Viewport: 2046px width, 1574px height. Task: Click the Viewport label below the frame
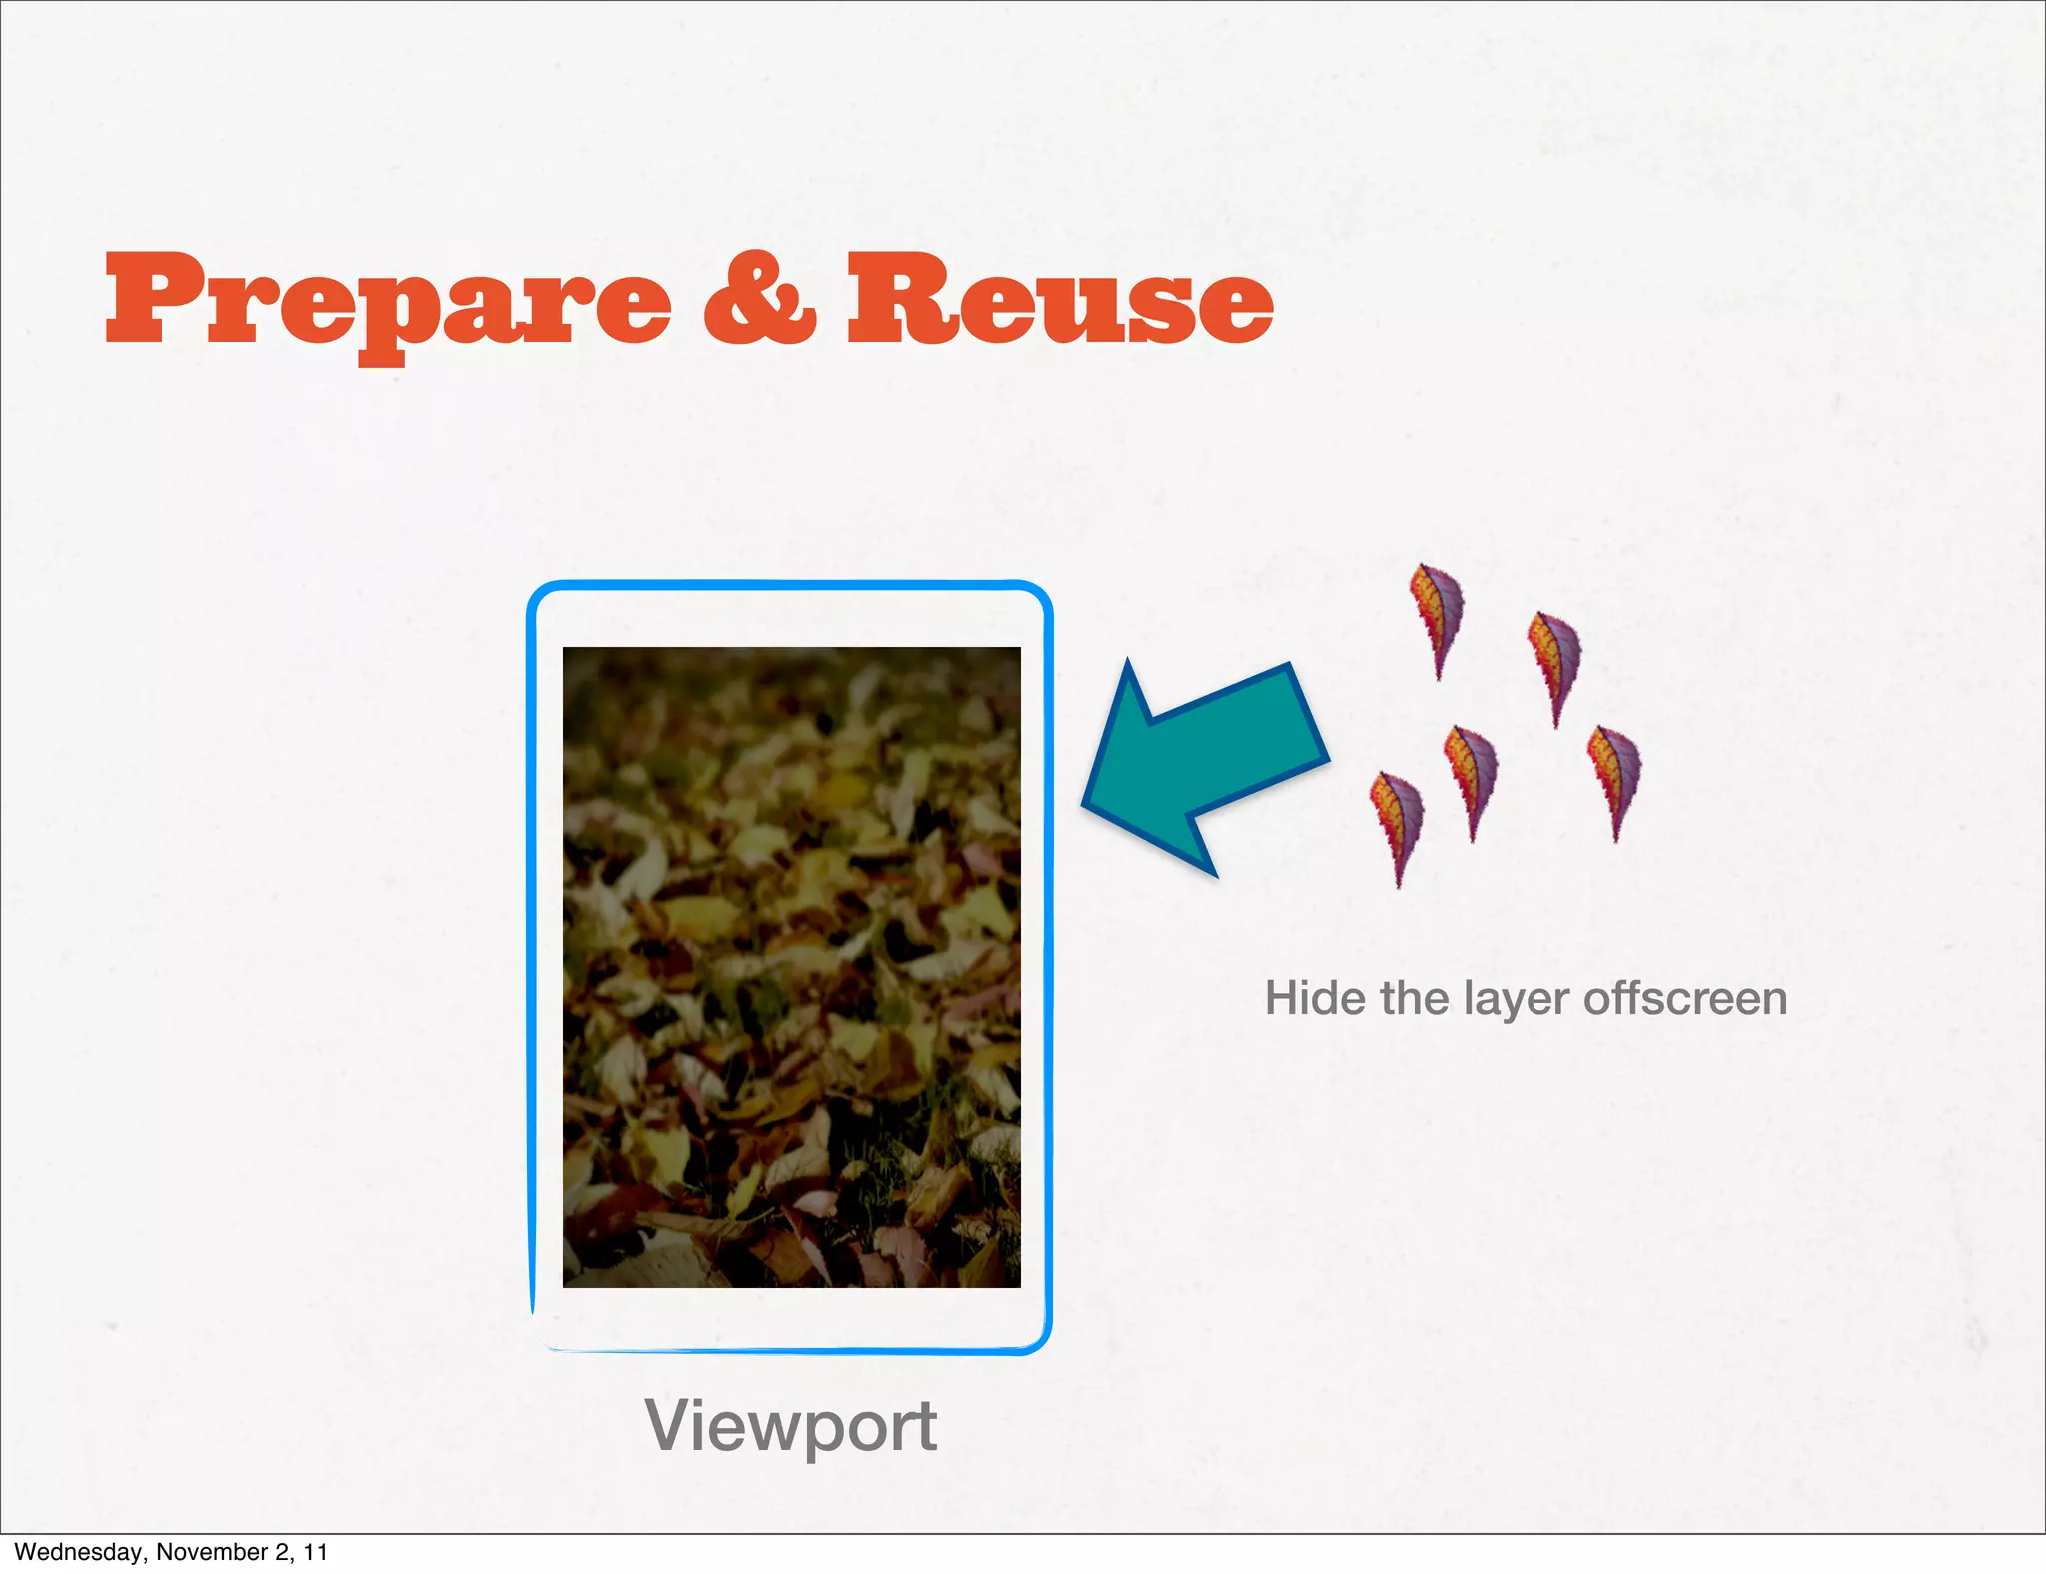790,1426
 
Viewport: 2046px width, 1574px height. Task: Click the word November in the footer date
206,1552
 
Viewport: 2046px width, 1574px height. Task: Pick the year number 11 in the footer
316,1552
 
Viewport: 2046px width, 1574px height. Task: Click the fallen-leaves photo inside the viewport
791,967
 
